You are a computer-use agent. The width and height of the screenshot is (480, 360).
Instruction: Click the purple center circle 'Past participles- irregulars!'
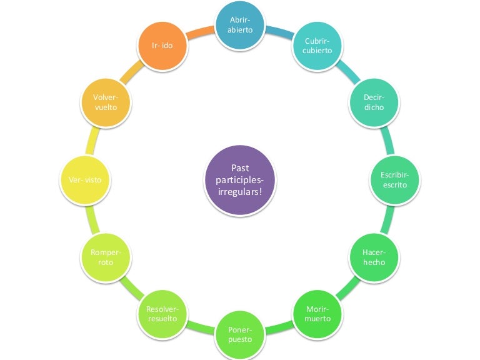coord(240,180)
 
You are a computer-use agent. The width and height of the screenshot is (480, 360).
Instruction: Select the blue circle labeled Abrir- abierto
coord(240,25)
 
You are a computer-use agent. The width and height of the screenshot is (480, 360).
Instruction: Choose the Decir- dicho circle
coord(374,102)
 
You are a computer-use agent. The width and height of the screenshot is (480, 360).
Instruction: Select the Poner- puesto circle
coord(240,335)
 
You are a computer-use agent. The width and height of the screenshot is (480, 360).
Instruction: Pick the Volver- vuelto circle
coord(106,102)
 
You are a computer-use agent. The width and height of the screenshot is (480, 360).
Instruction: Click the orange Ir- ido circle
coord(162,46)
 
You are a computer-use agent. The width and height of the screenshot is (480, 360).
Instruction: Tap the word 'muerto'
coord(317,319)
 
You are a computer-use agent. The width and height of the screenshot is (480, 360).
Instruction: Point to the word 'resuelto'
coord(162,319)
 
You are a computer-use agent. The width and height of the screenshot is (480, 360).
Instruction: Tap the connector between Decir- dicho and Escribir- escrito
coord(387,140)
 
